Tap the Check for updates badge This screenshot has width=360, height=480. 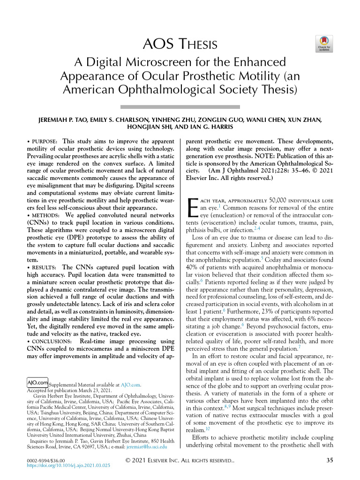coord(325,44)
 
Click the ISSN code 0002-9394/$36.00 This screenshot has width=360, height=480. coord(46,460)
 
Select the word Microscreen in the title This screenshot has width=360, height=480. coord(160,62)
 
